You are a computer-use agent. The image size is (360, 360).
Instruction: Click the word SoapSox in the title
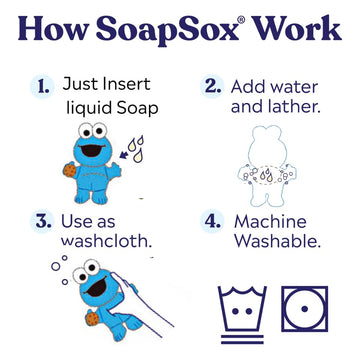point(171,30)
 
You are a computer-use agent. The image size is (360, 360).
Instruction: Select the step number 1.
point(40,87)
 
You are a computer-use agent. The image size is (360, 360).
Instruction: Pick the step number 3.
point(40,221)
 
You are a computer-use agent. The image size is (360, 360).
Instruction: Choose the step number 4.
point(212,221)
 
